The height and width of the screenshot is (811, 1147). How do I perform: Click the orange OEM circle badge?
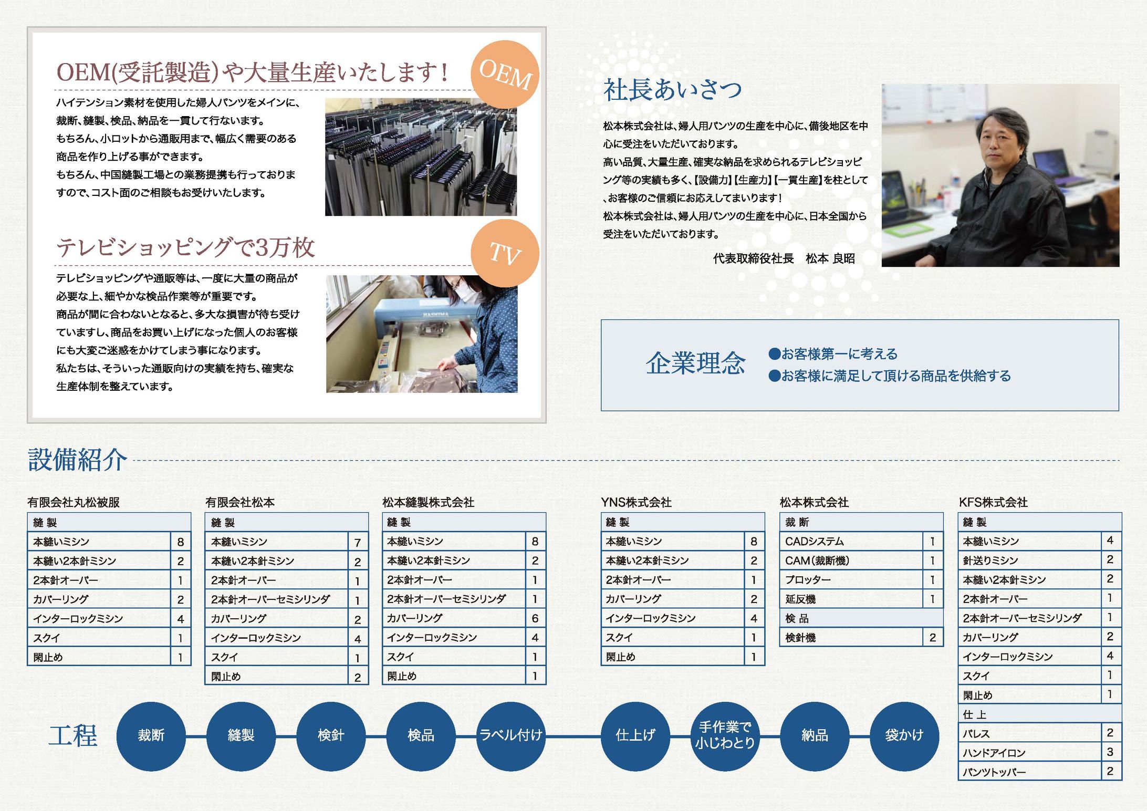click(x=505, y=75)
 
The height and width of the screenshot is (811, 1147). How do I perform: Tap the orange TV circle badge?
click(x=505, y=254)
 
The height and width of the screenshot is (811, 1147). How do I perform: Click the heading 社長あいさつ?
click(x=672, y=90)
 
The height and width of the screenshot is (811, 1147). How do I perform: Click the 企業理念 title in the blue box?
click(x=695, y=363)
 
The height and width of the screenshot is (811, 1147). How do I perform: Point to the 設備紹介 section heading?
click(x=77, y=460)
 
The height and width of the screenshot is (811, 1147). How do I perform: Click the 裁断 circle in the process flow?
click(x=151, y=735)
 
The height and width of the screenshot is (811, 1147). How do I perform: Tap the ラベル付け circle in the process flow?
click(x=510, y=735)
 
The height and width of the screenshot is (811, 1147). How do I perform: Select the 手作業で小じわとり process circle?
click(x=725, y=735)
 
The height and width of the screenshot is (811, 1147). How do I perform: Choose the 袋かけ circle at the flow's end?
click(x=904, y=735)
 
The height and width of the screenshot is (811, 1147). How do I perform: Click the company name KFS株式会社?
click(x=993, y=502)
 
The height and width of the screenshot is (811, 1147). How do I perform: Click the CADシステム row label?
click(x=814, y=542)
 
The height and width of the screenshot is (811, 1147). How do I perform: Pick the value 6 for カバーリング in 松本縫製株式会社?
click(x=535, y=618)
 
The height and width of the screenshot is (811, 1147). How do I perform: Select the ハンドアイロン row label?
click(x=994, y=753)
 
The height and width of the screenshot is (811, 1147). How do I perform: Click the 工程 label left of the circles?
click(x=72, y=735)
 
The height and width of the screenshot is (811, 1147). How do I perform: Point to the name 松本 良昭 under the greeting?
click(x=830, y=258)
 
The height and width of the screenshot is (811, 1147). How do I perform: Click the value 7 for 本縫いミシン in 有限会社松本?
click(x=357, y=542)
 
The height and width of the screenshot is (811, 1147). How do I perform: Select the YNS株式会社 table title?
click(x=636, y=502)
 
